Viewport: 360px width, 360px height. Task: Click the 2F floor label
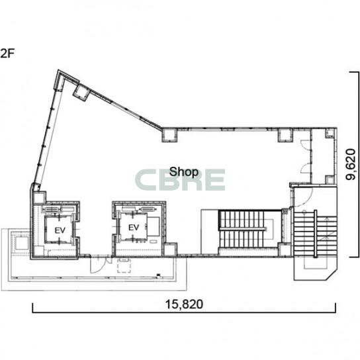7,54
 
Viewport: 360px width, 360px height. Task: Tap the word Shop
184,172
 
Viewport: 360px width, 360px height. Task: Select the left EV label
60,230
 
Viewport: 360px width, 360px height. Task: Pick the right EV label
134,228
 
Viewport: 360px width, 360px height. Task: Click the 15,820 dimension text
184,304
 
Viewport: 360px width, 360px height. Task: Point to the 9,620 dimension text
351,164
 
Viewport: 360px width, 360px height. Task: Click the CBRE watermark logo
180,180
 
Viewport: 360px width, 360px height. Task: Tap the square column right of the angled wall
169,135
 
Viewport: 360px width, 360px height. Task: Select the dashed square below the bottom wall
124,265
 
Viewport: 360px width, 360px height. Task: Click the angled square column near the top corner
81,93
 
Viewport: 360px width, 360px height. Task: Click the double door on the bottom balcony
101,265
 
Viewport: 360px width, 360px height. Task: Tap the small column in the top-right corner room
330,133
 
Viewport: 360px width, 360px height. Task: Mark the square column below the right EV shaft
171,249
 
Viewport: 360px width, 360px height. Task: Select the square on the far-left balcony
22,243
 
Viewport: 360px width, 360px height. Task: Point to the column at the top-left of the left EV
40,197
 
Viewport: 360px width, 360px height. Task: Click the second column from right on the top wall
285,135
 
